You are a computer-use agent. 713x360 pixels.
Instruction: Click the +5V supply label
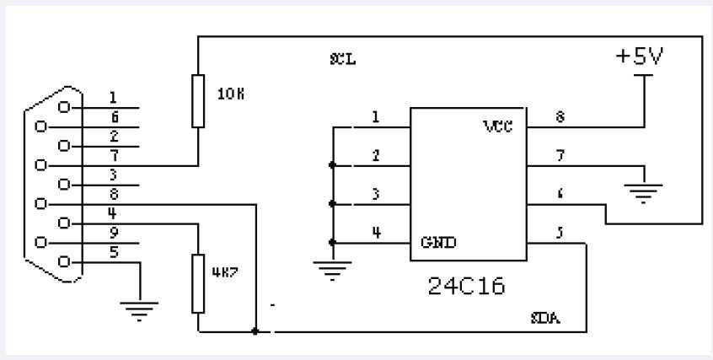point(641,57)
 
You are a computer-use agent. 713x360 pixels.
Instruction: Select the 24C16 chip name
point(467,286)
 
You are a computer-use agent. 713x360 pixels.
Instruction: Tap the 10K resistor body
point(198,100)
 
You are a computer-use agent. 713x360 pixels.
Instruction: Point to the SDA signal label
point(546,320)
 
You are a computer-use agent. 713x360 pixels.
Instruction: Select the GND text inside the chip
point(439,242)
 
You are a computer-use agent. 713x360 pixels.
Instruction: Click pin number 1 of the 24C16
point(375,117)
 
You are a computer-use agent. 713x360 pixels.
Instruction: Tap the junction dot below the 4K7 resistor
point(255,331)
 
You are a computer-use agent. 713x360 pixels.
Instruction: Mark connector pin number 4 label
point(112,213)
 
